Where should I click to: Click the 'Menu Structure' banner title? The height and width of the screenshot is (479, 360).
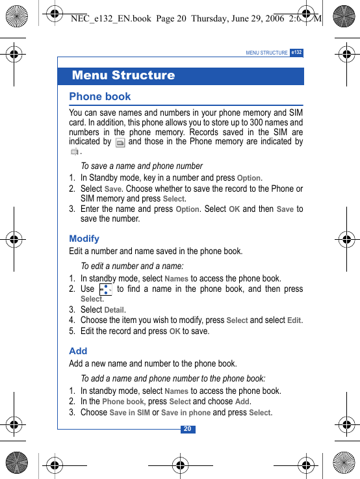(x=123, y=75)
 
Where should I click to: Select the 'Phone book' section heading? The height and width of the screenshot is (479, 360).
(x=100, y=97)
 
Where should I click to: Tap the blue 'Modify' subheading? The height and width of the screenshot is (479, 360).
(x=84, y=239)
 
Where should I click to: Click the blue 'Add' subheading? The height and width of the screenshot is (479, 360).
(x=78, y=351)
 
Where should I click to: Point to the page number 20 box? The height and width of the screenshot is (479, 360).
(x=187, y=429)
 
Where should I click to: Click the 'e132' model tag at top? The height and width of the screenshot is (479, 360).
(x=297, y=52)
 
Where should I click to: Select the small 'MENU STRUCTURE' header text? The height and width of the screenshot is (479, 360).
(x=266, y=53)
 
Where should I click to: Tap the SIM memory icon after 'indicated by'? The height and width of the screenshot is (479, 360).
(x=120, y=142)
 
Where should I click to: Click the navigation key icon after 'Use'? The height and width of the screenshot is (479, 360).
(x=106, y=289)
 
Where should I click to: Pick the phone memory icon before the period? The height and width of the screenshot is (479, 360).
(x=75, y=151)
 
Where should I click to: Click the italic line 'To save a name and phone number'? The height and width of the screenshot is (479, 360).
(x=142, y=166)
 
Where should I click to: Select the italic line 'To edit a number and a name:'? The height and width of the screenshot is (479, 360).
(x=132, y=266)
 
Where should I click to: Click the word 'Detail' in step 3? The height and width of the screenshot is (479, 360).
(x=114, y=310)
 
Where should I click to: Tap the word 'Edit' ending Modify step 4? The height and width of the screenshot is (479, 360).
(x=294, y=320)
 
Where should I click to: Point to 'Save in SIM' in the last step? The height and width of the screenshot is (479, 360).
(x=129, y=413)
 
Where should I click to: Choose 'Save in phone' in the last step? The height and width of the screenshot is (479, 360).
(x=186, y=413)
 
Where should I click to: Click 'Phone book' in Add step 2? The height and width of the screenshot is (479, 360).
(x=123, y=402)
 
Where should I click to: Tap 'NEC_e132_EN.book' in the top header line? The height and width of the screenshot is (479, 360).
(x=111, y=19)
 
